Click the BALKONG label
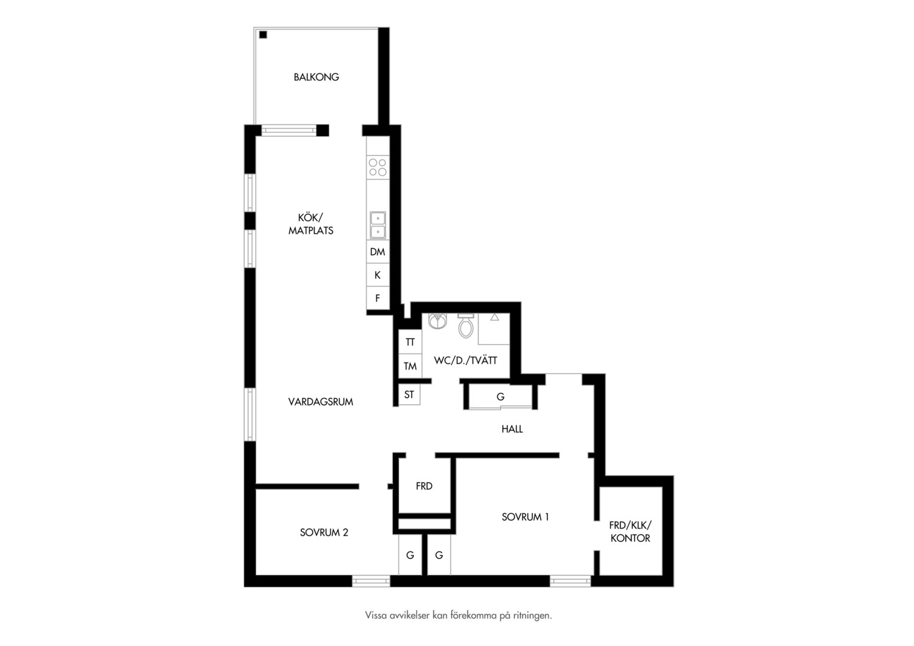(316, 77)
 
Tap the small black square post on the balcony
(263, 35)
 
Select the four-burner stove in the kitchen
(377, 167)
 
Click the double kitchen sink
(378, 225)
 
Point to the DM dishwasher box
(377, 252)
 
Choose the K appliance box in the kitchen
(377, 275)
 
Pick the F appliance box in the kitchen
(377, 298)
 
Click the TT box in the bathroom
(410, 342)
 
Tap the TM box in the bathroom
(410, 366)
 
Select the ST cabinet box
(409, 395)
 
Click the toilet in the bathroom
(465, 325)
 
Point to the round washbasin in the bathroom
(437, 321)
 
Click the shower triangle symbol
(495, 317)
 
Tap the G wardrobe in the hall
(500, 396)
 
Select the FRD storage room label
(424, 486)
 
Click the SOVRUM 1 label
(525, 517)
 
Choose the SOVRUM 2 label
(324, 532)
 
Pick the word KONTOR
(630, 538)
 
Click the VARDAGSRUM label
(321, 402)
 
